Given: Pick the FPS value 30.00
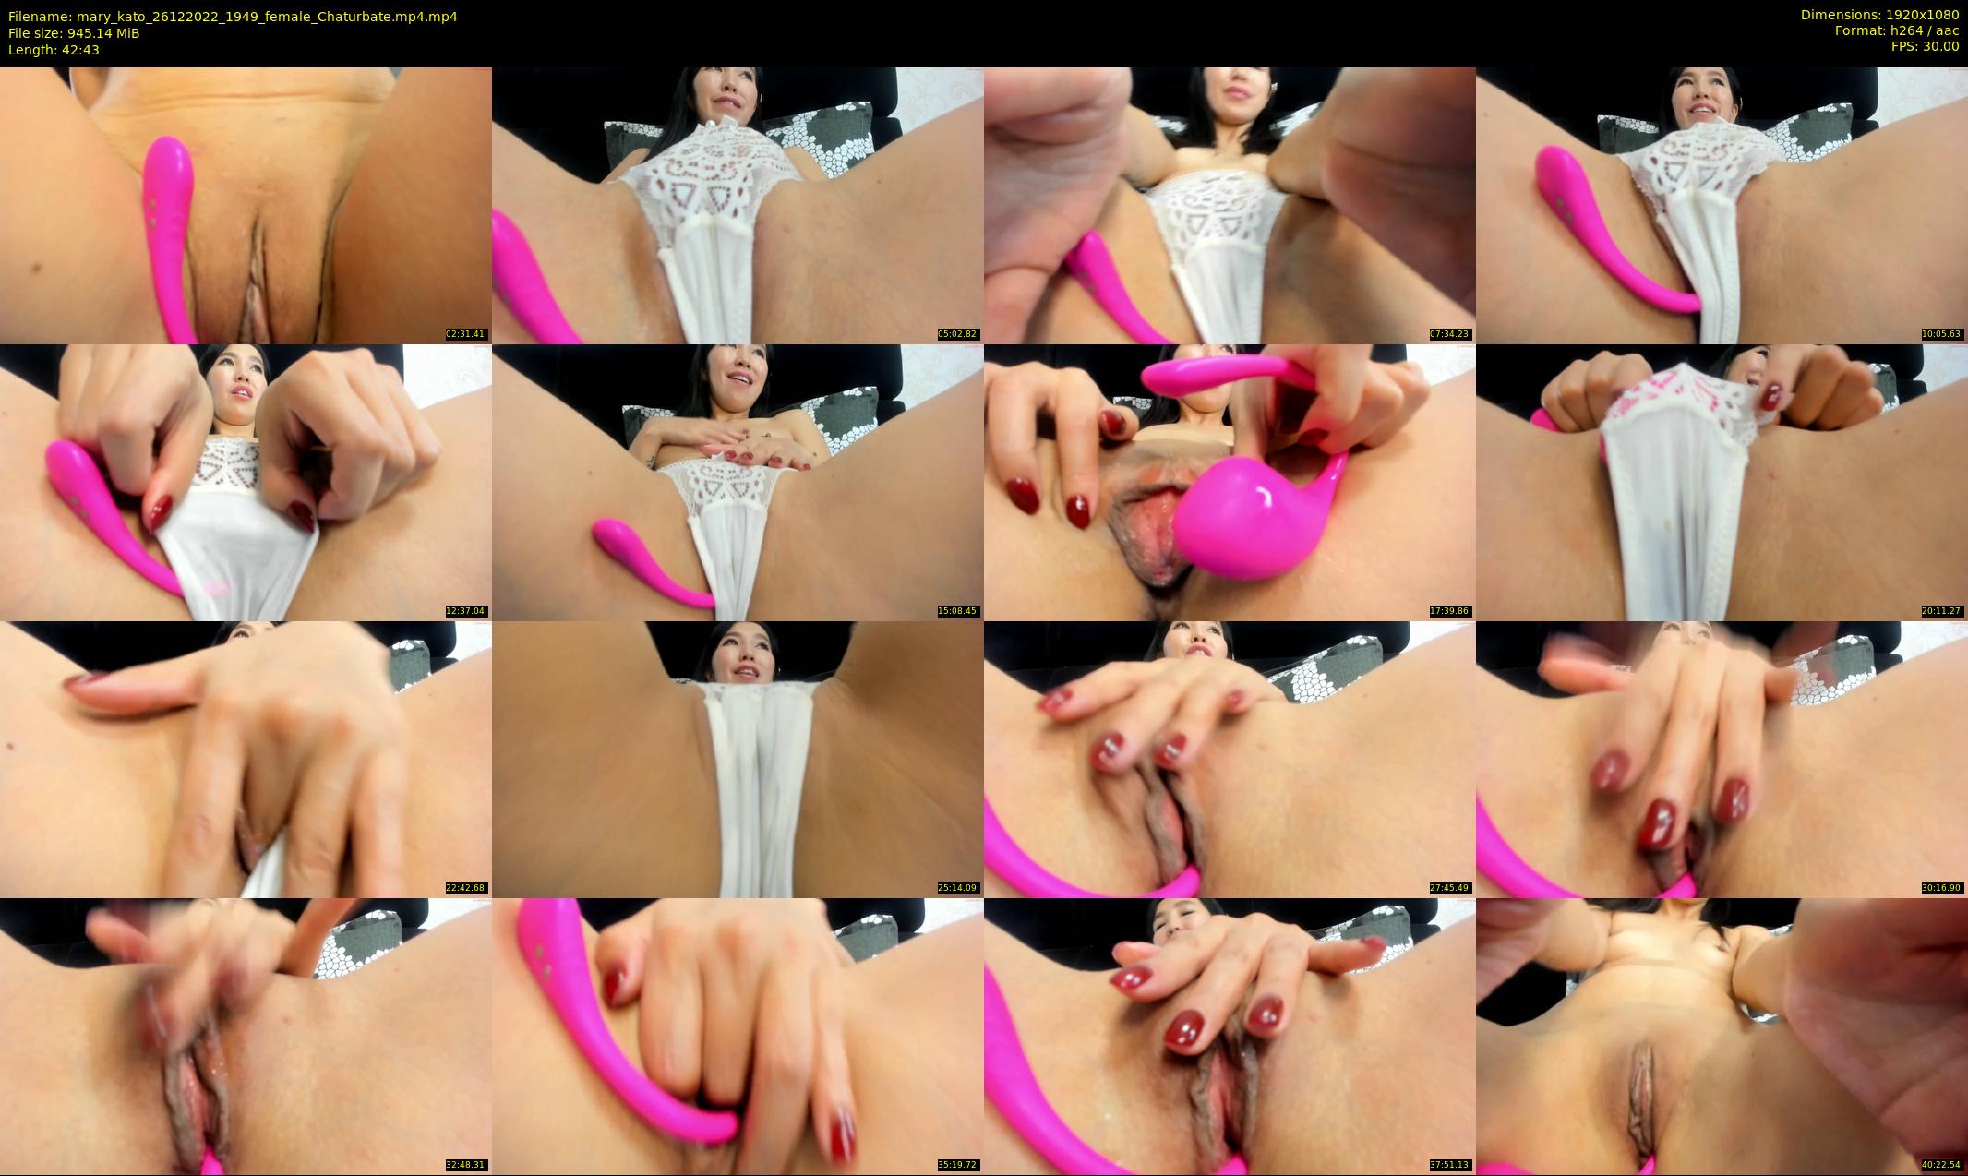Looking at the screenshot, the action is coord(1941,46).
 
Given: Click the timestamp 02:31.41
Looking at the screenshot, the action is coord(466,334).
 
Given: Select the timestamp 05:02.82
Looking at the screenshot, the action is coord(958,334).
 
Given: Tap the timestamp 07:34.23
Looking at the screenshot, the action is coord(1450,334).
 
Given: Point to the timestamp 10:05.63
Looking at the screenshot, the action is coord(1942,334).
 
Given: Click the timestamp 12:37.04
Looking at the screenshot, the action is coord(466,611).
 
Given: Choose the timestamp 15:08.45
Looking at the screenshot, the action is coord(958,611).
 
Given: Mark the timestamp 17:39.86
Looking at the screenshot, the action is coord(1450,611).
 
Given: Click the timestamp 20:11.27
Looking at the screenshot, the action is coord(1942,611).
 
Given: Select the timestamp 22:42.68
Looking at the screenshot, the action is coord(466,888).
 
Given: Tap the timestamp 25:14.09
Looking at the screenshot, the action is coord(958,888).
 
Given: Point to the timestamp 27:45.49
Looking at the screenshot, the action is coord(1450,888).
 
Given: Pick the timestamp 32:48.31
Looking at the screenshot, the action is coord(466,1165).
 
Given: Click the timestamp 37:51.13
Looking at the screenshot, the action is coord(1450,1165).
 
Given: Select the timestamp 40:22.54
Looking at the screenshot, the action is coord(1942,1165).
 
